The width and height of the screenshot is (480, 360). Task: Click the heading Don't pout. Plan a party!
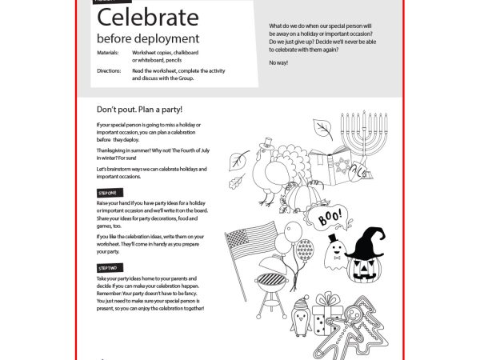[x=139, y=109]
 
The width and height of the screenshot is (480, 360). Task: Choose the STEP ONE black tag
[x=107, y=193]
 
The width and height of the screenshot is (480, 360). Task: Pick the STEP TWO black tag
[x=107, y=266]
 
